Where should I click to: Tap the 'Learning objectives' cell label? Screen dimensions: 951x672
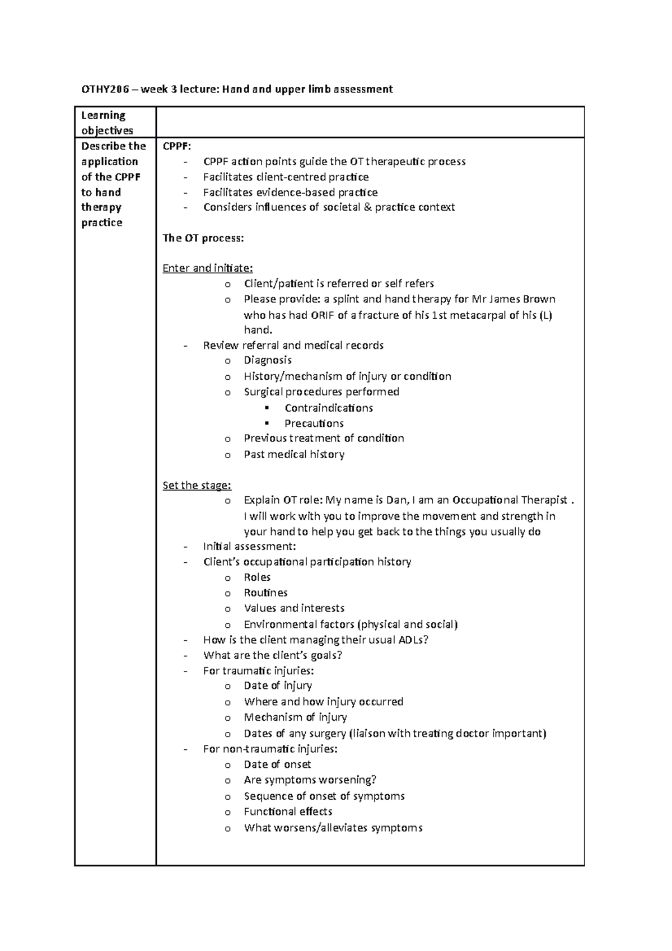[x=107, y=123]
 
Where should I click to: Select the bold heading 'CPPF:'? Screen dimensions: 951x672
[x=177, y=146]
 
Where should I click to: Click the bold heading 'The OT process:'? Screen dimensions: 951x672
[x=203, y=238]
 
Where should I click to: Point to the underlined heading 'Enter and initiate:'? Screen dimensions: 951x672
[x=208, y=268]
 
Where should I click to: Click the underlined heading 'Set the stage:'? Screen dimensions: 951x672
[x=197, y=486]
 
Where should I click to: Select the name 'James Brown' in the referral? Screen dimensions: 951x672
[x=524, y=299]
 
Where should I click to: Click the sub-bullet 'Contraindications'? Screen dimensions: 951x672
[x=329, y=408]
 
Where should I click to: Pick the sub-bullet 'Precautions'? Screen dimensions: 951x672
[x=314, y=424]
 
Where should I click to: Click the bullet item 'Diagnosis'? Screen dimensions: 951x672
[x=268, y=361]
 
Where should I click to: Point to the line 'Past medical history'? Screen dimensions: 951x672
[x=294, y=455]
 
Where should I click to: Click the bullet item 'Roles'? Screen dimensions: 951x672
[x=257, y=577]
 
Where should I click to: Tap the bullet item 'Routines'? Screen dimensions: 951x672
[x=265, y=593]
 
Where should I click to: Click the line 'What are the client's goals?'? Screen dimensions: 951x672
[x=273, y=655]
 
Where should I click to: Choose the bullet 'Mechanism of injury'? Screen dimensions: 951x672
[x=295, y=717]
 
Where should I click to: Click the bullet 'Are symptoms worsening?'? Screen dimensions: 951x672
[x=310, y=780]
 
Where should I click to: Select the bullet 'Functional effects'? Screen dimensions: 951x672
[x=288, y=812]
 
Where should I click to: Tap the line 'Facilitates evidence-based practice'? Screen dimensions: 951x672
[x=291, y=193]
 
